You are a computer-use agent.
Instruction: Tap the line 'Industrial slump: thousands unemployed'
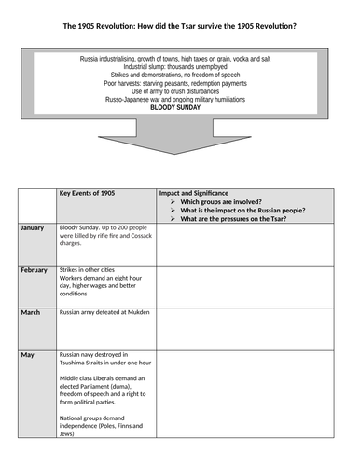(181, 70)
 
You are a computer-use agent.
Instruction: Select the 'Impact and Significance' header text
(199, 194)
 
